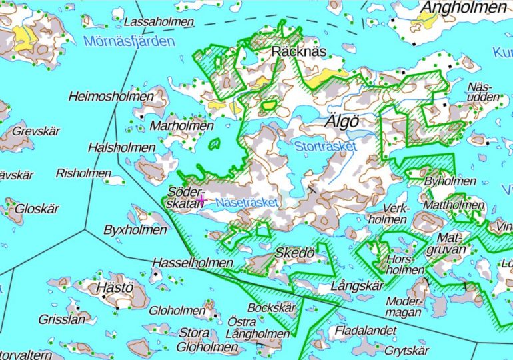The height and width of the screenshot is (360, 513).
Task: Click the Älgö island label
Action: [x=342, y=122]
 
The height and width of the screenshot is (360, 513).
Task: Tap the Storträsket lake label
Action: [x=326, y=145]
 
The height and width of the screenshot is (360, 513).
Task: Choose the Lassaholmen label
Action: [x=154, y=22]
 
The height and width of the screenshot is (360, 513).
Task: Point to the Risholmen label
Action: [x=83, y=173]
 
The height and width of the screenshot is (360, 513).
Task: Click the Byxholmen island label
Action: [x=135, y=230]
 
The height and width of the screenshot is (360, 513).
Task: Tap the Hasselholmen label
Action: [x=193, y=263]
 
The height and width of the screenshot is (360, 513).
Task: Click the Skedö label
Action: [x=294, y=254]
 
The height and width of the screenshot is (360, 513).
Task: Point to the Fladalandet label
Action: [x=365, y=330]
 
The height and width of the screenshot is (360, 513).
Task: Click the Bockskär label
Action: [x=271, y=308]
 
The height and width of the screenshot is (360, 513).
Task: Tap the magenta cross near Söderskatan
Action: [x=201, y=199]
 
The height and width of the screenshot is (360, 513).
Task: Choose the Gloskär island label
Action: [x=37, y=209]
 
